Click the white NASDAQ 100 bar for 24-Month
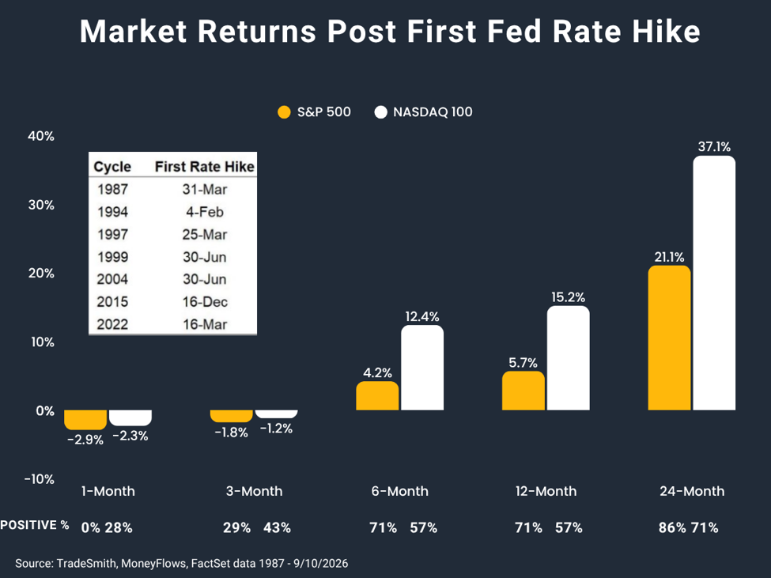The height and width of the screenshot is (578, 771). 714,282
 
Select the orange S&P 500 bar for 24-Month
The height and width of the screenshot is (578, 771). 669,338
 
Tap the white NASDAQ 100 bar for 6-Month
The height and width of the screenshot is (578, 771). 422,368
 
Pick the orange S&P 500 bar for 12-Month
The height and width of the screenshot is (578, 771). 523,391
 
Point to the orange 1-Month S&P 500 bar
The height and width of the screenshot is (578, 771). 85,420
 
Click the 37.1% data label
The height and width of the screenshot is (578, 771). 714,146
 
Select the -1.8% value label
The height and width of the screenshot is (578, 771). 231,433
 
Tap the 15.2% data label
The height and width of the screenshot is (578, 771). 569,297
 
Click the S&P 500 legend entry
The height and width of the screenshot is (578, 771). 314,112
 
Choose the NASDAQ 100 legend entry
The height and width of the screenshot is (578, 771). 423,112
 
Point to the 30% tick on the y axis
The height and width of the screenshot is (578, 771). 41,205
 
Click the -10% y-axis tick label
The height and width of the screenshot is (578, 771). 40,479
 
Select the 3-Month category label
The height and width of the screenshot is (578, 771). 254,491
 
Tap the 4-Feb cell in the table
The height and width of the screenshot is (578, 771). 205,212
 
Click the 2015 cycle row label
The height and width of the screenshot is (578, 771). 112,302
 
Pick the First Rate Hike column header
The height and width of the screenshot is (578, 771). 205,167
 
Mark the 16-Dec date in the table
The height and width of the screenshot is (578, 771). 205,302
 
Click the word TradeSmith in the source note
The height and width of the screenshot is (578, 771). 86,563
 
